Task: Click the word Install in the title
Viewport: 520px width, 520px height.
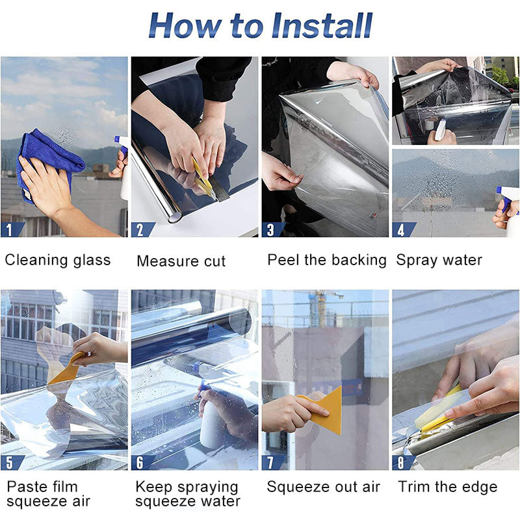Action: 322,25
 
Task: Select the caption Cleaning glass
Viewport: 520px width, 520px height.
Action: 58,260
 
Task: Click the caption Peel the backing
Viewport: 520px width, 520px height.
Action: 327,260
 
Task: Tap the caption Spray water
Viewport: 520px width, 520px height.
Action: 439,260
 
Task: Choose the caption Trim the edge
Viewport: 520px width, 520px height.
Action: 448,487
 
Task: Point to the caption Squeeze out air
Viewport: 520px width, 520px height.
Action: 323,487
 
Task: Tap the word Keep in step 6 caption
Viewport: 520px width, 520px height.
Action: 154,487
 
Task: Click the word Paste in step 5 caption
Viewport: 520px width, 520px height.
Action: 29,487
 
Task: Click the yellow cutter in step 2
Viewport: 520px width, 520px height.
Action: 203,177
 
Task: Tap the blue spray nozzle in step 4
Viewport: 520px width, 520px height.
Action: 506,199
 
